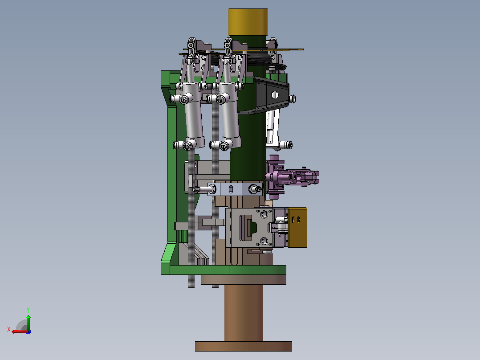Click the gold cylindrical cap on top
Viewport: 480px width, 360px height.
point(248,22)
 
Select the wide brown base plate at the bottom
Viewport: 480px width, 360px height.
point(244,346)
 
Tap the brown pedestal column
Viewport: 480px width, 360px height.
point(244,313)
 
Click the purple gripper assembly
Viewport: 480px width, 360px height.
point(291,177)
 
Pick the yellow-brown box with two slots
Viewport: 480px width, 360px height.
point(297,227)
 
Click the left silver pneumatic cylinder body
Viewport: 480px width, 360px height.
point(193,115)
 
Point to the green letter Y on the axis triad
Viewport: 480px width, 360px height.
point(28,310)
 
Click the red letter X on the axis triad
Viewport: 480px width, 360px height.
point(9,329)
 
